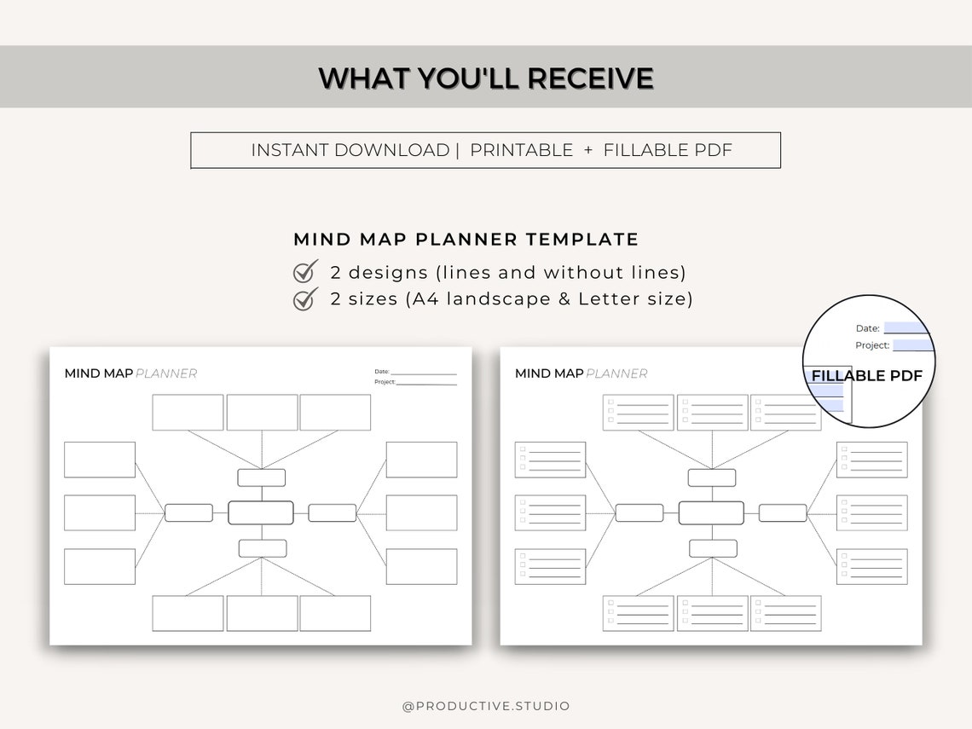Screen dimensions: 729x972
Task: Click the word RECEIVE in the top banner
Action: point(590,78)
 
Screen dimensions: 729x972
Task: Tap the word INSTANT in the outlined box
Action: point(289,150)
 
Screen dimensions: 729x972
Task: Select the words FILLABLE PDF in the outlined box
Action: point(668,150)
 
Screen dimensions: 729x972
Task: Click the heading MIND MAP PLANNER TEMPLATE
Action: point(466,240)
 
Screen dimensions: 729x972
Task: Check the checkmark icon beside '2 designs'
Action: point(305,272)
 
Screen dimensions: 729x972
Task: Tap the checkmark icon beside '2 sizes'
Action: point(305,299)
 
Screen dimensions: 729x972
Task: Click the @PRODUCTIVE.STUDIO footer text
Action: point(486,706)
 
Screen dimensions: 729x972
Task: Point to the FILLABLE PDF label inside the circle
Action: point(866,376)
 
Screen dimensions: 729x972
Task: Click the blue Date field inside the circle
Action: point(905,328)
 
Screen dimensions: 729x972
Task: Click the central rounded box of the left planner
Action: point(261,512)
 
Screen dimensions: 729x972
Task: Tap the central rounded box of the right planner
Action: point(711,512)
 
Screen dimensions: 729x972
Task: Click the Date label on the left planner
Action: point(381,372)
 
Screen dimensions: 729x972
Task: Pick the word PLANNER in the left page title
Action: point(166,373)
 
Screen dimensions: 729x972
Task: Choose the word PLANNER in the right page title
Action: point(616,373)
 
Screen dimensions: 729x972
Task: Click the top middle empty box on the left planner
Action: point(262,413)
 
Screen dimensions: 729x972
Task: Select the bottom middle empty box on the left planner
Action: point(262,613)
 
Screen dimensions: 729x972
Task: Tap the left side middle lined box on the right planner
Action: point(550,512)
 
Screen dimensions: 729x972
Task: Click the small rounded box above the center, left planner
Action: point(262,477)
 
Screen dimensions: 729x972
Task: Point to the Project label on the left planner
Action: point(385,382)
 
